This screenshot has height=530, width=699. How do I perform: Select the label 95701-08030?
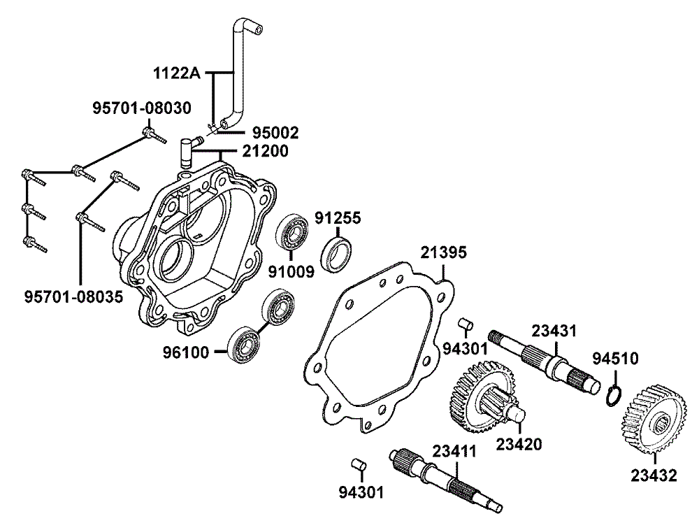pyautogui.click(x=140, y=110)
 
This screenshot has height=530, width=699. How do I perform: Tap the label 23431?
pyautogui.click(x=554, y=331)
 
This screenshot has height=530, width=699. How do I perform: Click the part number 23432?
pyautogui.click(x=654, y=476)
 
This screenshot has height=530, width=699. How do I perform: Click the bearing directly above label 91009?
pyautogui.click(x=291, y=234)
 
